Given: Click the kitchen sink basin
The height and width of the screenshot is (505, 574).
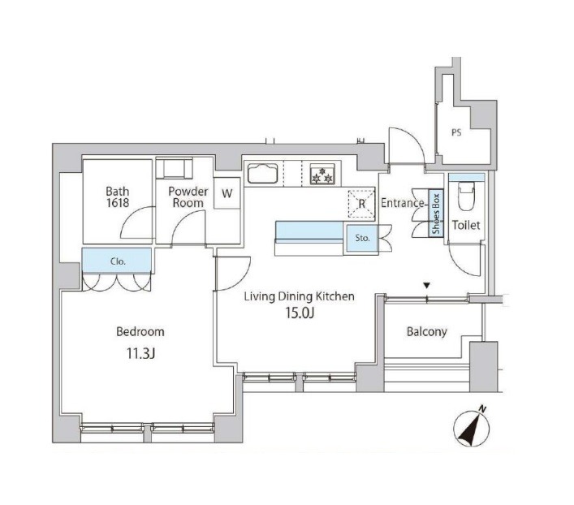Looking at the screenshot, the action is pyautogui.click(x=262, y=173).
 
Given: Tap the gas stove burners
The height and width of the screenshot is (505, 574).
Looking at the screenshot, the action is pyautogui.click(x=322, y=174).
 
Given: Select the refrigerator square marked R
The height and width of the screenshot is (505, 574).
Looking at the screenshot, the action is pyautogui.click(x=361, y=204).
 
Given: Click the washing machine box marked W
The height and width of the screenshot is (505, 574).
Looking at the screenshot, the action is pyautogui.click(x=227, y=193).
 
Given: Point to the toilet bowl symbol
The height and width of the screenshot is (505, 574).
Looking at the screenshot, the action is pyautogui.click(x=466, y=195).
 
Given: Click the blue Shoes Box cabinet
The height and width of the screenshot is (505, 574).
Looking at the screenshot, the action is pyautogui.click(x=436, y=214).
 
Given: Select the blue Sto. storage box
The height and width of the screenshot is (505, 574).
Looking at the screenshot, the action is pyautogui.click(x=362, y=238).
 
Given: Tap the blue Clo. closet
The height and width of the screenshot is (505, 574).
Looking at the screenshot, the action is pyautogui.click(x=117, y=261).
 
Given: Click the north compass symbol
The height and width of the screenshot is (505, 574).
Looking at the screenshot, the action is pyautogui.click(x=472, y=426).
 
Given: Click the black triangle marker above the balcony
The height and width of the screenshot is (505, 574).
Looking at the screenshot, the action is pyautogui.click(x=426, y=285).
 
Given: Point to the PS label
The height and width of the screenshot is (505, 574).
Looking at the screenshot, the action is pyautogui.click(x=456, y=132).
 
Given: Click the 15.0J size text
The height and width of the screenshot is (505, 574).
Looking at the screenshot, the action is pyautogui.click(x=300, y=313).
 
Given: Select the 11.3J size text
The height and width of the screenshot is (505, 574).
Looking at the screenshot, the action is pyautogui.click(x=141, y=353).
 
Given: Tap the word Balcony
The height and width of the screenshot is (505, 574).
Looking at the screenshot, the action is pyautogui.click(x=427, y=332).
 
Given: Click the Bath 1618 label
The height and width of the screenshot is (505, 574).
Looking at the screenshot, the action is pyautogui.click(x=118, y=197).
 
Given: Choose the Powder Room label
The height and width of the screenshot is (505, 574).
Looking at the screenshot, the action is pyautogui.click(x=188, y=197).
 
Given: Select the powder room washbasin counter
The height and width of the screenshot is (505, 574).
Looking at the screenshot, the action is pyautogui.click(x=175, y=168).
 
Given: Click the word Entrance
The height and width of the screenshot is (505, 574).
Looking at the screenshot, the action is pyautogui.click(x=403, y=203).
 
